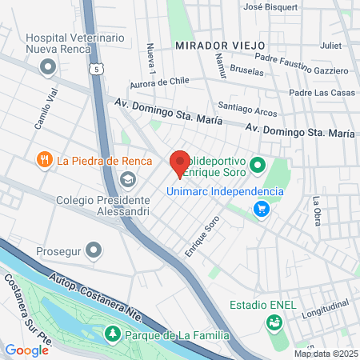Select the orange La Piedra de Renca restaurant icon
[44, 160]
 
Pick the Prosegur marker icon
[95, 251]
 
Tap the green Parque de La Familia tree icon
[114, 333]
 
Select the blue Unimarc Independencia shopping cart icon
[261, 209]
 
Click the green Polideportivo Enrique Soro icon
[258, 166]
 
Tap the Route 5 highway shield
[97, 70]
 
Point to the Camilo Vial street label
[46, 109]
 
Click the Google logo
[27, 350]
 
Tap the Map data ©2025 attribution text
[326, 354]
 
